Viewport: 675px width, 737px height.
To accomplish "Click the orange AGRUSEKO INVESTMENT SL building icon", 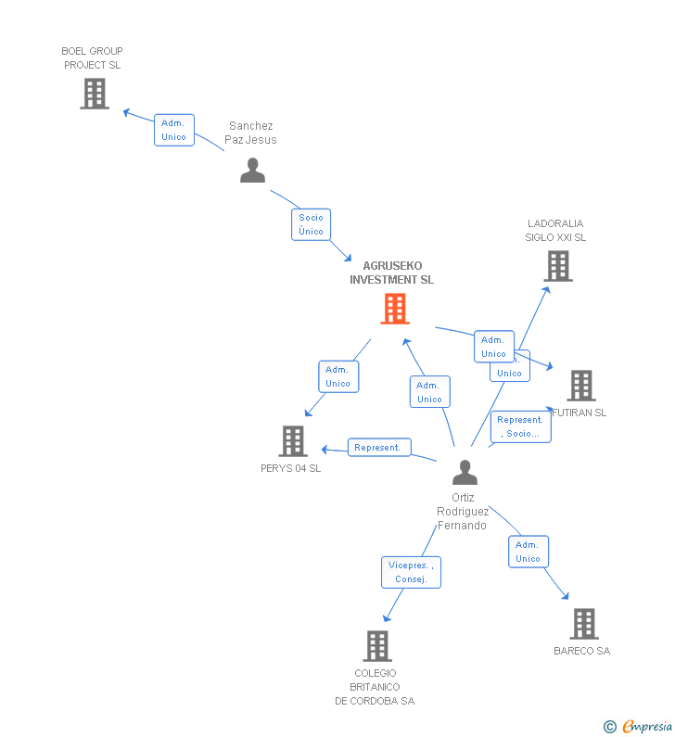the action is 395,309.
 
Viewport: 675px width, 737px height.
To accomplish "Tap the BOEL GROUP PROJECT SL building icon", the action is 94,94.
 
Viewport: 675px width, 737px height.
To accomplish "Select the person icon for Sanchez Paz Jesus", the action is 252,170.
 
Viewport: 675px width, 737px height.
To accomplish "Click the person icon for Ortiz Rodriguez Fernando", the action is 465,473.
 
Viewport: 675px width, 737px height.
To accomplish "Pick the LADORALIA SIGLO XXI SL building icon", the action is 557,266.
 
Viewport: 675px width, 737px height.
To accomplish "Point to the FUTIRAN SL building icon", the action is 581,386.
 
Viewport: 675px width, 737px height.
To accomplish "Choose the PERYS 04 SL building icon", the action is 293,441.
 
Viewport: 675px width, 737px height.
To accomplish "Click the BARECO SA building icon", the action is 583,624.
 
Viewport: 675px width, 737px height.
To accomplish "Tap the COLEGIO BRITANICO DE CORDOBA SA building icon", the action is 376,645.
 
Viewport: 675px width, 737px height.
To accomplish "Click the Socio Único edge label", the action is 311,224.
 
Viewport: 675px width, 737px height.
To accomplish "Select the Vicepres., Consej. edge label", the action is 411,572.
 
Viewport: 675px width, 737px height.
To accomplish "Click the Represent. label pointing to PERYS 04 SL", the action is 378,448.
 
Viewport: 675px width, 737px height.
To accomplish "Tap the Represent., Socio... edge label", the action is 520,426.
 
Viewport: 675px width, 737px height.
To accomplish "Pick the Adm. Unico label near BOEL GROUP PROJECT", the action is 173,130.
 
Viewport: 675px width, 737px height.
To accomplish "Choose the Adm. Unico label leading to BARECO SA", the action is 528,552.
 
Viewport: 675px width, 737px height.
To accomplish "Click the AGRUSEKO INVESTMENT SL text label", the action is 391,273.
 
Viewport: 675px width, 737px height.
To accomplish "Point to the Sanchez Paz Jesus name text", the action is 250,133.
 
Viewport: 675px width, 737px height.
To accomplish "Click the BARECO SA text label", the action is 581,651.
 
